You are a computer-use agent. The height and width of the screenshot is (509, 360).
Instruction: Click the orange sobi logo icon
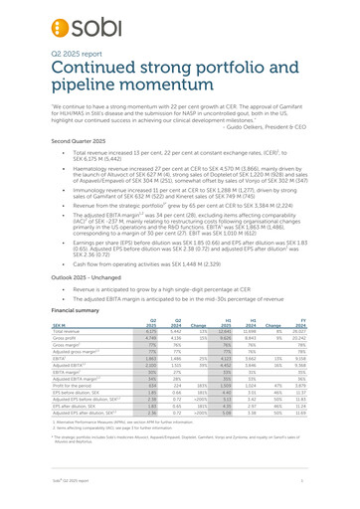(31, 20)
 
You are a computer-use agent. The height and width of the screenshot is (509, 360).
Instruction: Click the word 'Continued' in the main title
(91, 74)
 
